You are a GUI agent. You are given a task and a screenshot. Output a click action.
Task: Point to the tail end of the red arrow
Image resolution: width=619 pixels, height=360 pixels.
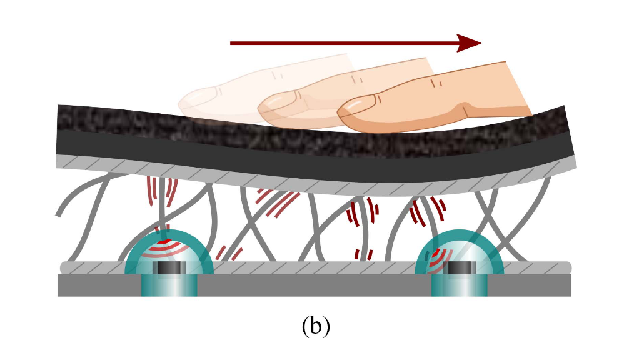233,43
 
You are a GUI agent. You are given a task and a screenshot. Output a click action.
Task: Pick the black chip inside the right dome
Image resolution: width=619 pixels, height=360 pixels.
460,268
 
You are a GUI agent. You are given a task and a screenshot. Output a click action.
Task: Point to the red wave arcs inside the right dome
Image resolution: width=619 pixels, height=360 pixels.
441,256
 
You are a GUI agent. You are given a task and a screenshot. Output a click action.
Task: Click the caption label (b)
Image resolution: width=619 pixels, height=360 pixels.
315,326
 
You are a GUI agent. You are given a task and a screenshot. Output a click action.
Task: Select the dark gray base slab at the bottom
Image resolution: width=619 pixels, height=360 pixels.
313,286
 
